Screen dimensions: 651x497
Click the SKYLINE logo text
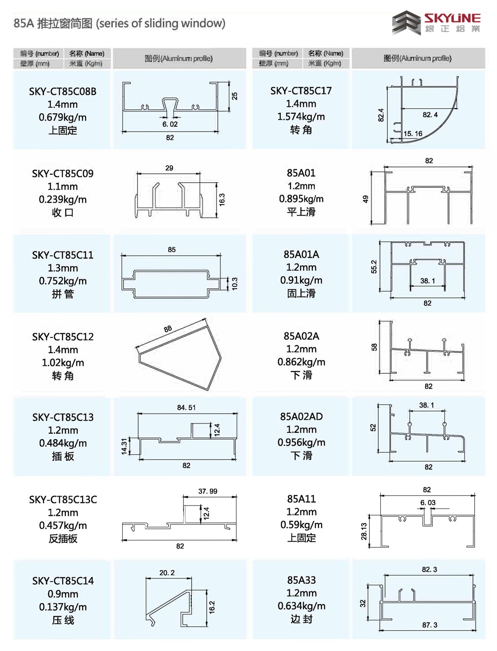click(452, 18)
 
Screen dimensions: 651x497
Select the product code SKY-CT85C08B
click(63, 91)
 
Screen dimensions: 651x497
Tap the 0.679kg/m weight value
click(63, 117)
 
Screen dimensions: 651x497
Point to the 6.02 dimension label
click(170, 124)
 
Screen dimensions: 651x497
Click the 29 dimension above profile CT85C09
click(169, 168)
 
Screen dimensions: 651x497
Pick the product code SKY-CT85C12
click(63, 336)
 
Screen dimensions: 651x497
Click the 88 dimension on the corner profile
click(168, 329)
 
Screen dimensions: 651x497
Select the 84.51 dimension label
click(186, 408)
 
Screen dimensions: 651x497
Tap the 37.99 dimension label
click(207, 491)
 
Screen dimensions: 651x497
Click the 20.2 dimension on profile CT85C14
click(167, 573)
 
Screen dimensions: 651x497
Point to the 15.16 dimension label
click(413, 133)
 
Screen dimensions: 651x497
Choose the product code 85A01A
click(301, 254)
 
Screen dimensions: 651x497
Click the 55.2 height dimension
click(374, 267)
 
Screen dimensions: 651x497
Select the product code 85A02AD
click(301, 416)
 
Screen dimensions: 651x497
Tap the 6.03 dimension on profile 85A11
click(428, 503)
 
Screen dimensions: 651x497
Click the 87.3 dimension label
click(429, 625)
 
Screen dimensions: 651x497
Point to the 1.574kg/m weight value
click(301, 116)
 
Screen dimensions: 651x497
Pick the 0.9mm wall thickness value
click(63, 594)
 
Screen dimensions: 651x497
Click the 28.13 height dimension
click(364, 531)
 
